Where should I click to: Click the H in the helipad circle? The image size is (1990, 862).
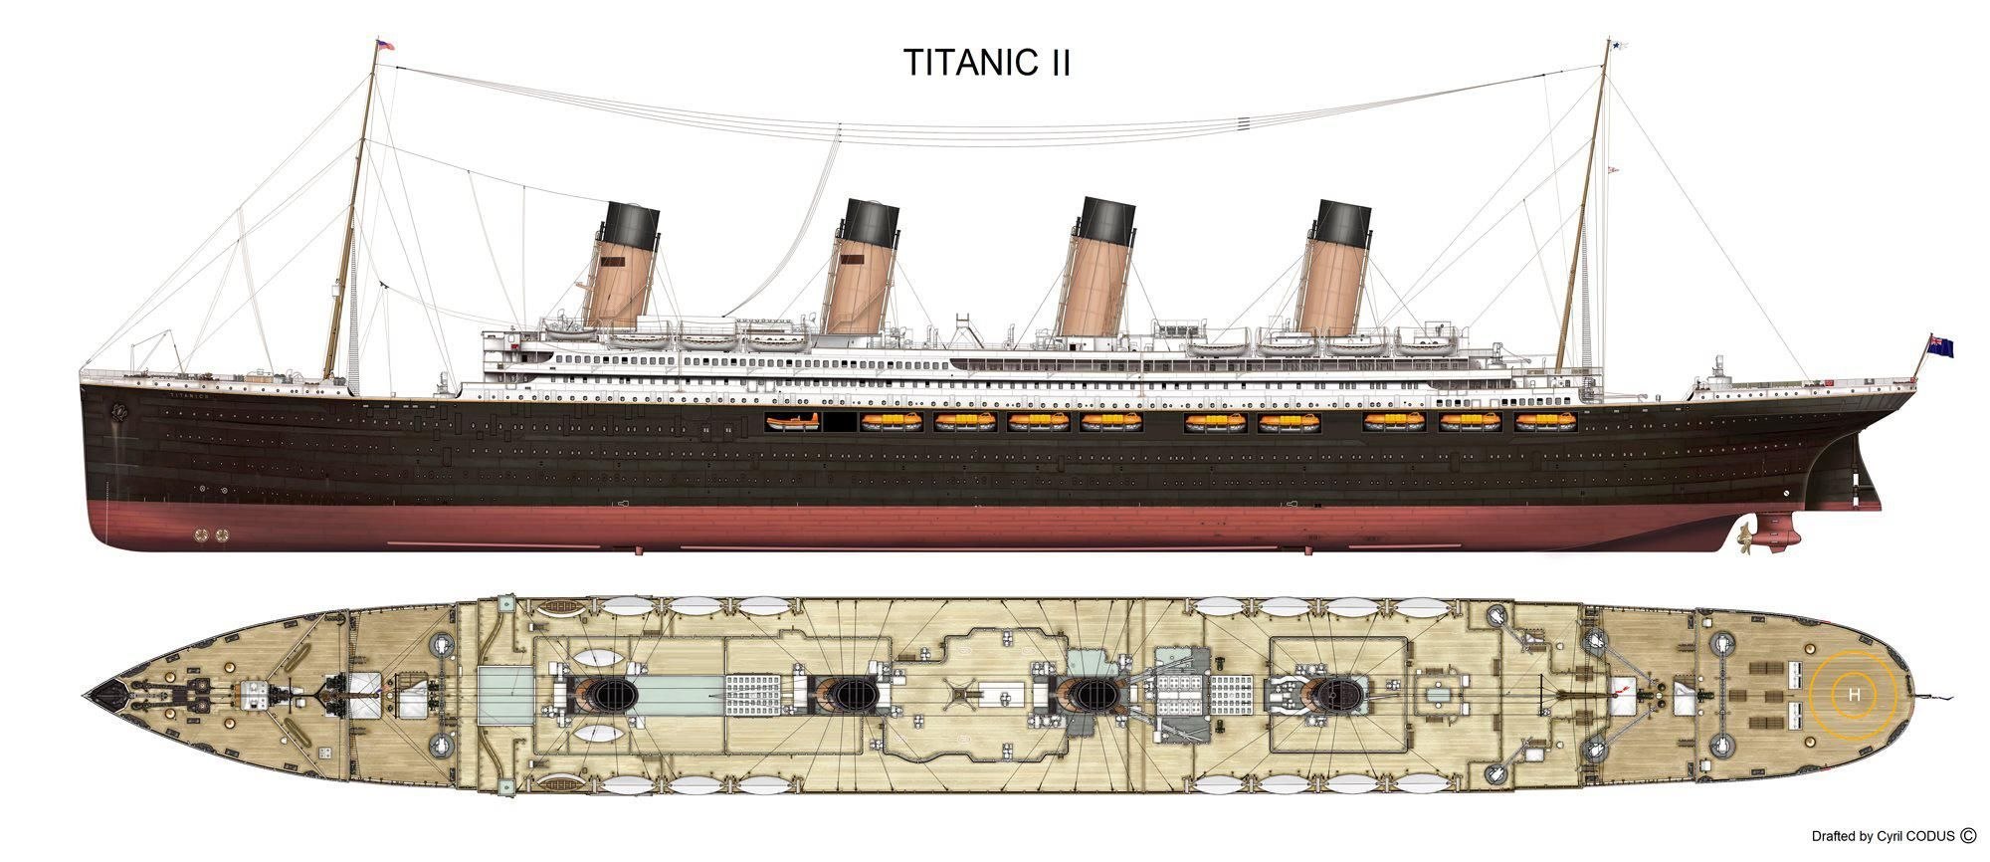pos(1854,694)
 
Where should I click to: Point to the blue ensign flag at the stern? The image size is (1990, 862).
pos(1940,345)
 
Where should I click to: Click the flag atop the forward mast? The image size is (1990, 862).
pos(383,45)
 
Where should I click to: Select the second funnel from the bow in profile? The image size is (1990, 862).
pos(862,267)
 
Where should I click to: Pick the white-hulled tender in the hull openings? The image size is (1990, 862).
pos(793,423)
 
